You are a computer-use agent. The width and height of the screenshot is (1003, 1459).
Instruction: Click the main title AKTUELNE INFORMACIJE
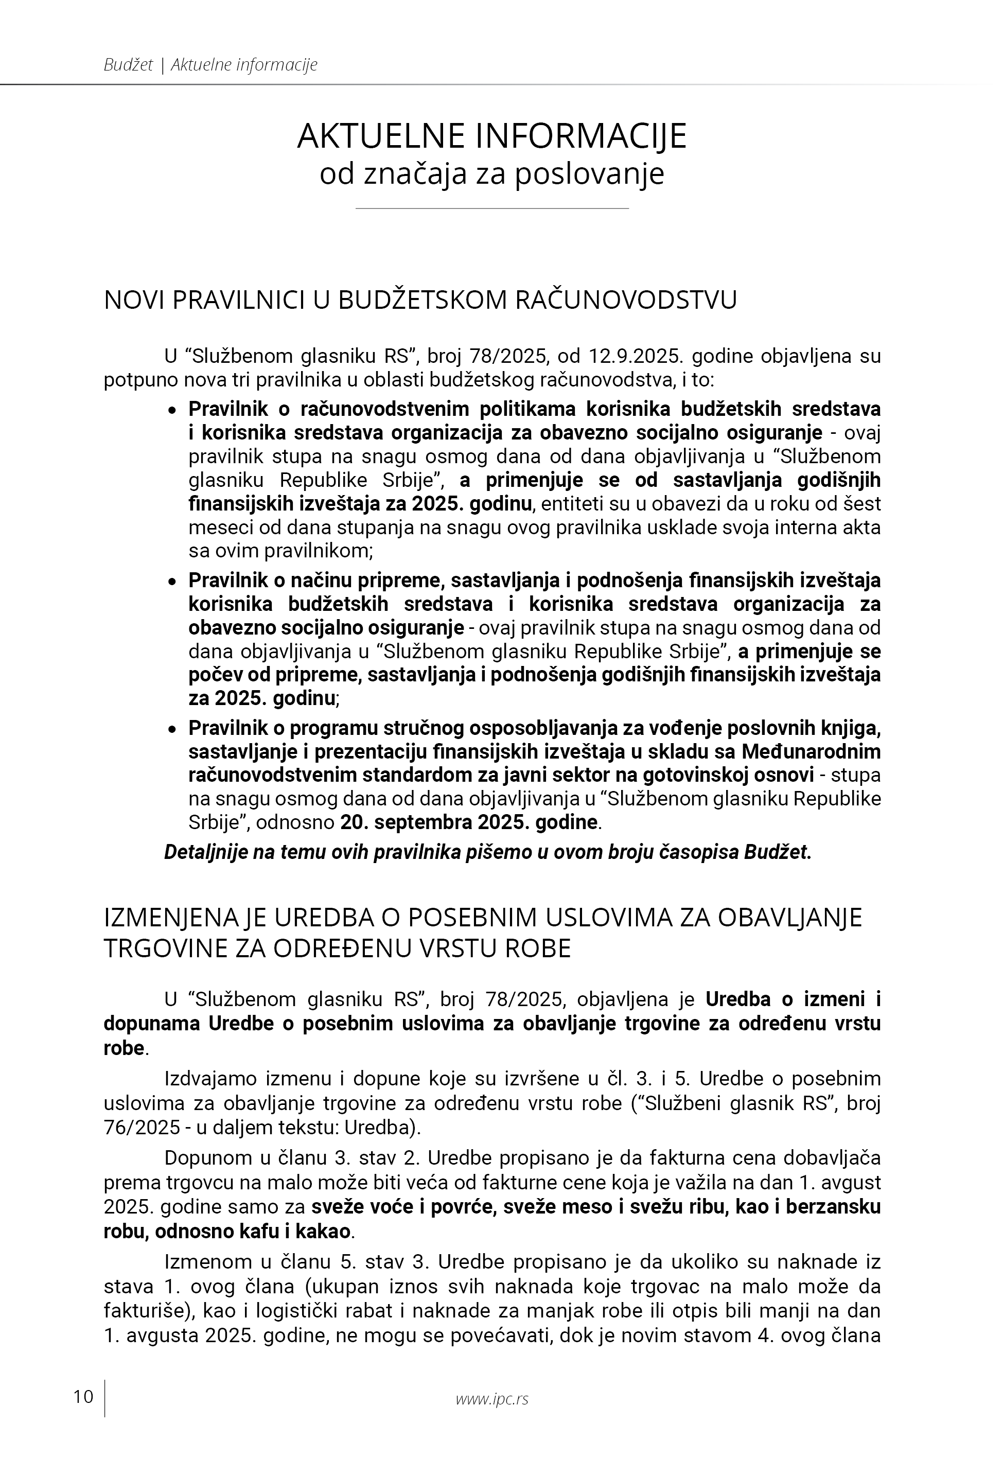coord(492,136)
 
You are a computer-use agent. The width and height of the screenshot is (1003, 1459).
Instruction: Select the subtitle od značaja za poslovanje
coord(492,174)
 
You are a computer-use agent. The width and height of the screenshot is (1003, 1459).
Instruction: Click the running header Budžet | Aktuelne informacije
coord(210,65)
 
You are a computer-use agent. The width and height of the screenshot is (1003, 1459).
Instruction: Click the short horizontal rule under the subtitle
coord(492,208)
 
